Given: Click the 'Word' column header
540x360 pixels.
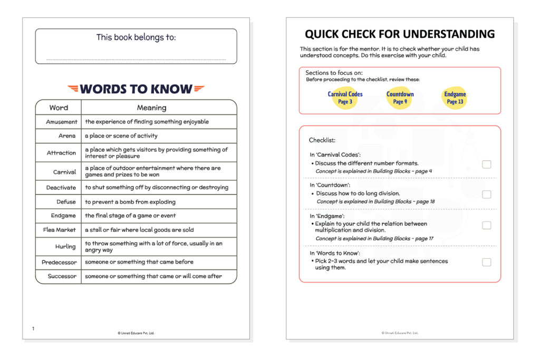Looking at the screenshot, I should coord(59,108).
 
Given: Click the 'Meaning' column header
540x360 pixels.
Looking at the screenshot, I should coord(151,108).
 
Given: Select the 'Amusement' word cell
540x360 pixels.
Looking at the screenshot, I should coord(62,122).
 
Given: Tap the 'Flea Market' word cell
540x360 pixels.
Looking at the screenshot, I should coord(60,230).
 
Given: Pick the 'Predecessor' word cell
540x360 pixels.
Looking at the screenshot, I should coord(59,262).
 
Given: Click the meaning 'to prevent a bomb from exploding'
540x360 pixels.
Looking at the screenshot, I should coord(130,202).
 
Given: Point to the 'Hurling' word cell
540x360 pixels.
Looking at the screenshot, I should coord(65,246).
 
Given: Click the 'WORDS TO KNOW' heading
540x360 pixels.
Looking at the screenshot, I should coord(136,89).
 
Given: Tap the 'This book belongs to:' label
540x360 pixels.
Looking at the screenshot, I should coord(136,37).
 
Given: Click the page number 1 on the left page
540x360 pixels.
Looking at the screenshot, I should coord(33,329).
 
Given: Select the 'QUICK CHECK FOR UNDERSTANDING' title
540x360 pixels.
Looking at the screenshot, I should coord(400,35).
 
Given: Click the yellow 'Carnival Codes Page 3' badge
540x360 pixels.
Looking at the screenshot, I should coord(345,98).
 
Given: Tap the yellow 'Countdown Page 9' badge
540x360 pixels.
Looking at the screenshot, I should coord(400,98).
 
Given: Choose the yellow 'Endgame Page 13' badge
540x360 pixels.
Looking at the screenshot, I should coord(455,98).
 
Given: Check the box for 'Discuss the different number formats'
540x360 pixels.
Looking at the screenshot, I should coord(486,164).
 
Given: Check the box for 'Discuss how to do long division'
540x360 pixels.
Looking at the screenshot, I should coord(486,194).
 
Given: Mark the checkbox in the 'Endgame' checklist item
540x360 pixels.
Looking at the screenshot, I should coord(486,225).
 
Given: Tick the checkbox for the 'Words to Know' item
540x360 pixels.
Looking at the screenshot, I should coord(486,262).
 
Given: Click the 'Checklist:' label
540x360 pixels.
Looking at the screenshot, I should coord(322,140).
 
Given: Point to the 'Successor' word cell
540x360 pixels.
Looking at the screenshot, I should coord(62,276).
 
